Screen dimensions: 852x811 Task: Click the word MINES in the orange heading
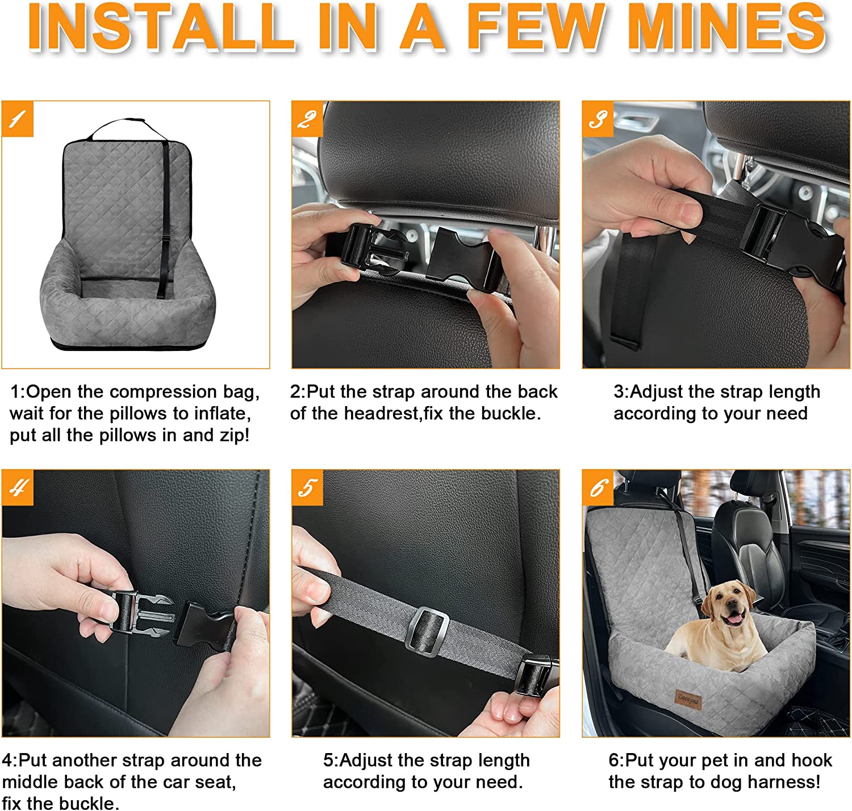[726, 27]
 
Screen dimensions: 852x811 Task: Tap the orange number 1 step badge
[18, 119]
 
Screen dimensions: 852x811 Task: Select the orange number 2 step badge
[307, 119]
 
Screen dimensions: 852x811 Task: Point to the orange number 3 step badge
[598, 119]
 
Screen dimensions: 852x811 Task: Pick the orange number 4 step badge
[18, 487]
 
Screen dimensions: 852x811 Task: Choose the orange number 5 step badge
[307, 487]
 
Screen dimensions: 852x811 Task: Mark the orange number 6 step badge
[598, 487]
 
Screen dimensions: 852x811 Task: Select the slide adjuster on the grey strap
[428, 630]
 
